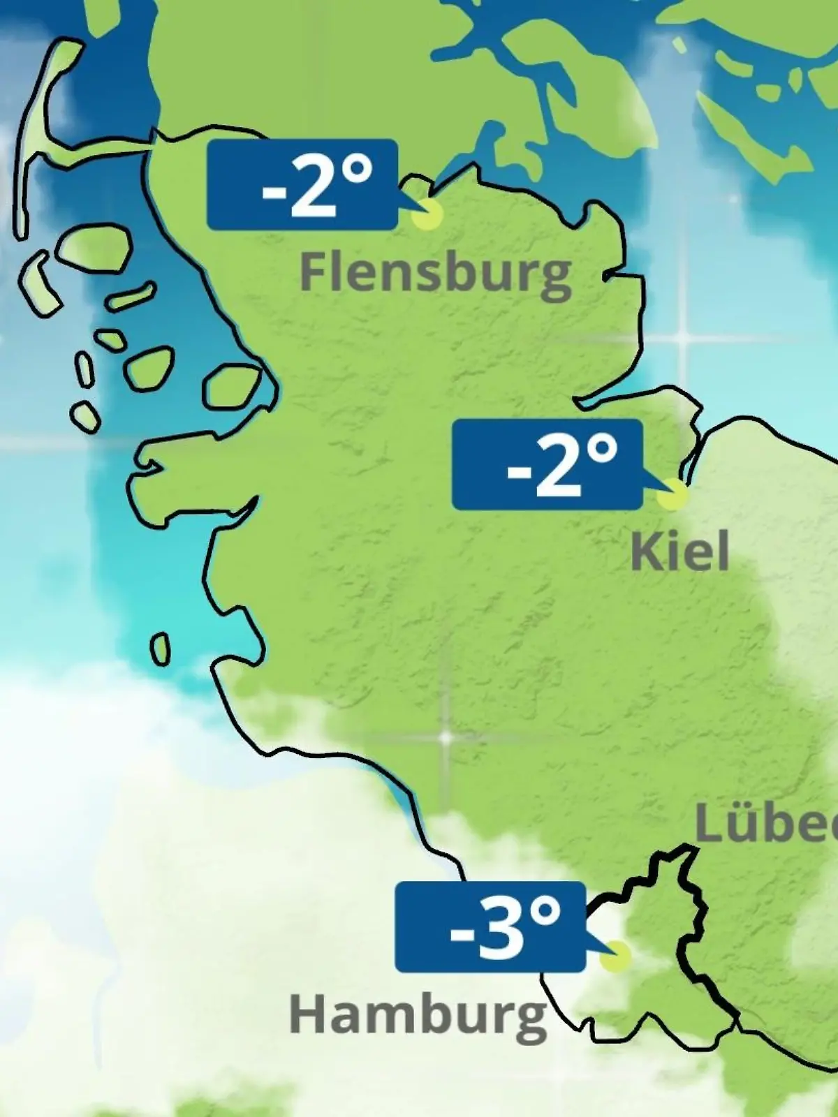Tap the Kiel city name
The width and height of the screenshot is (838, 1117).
679,552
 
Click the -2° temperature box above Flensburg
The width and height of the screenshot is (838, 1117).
302,185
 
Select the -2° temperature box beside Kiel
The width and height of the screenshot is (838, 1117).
547,464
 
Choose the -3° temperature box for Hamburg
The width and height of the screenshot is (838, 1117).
490,927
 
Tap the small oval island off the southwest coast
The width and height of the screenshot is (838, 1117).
161,649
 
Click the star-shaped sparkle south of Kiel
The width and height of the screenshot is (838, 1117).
445,737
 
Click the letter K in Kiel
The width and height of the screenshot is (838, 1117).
644,552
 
